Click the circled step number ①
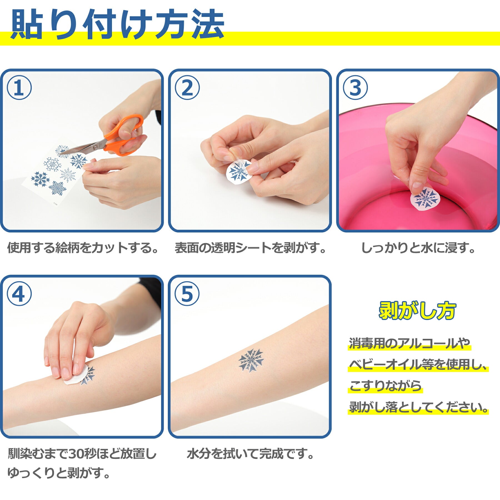19,87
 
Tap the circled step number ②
187,87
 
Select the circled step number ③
355,87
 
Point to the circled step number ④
19,294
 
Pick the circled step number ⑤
187,294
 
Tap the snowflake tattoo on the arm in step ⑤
251,361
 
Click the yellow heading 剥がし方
417,311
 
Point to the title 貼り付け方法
117,24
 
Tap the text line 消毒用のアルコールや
409,344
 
